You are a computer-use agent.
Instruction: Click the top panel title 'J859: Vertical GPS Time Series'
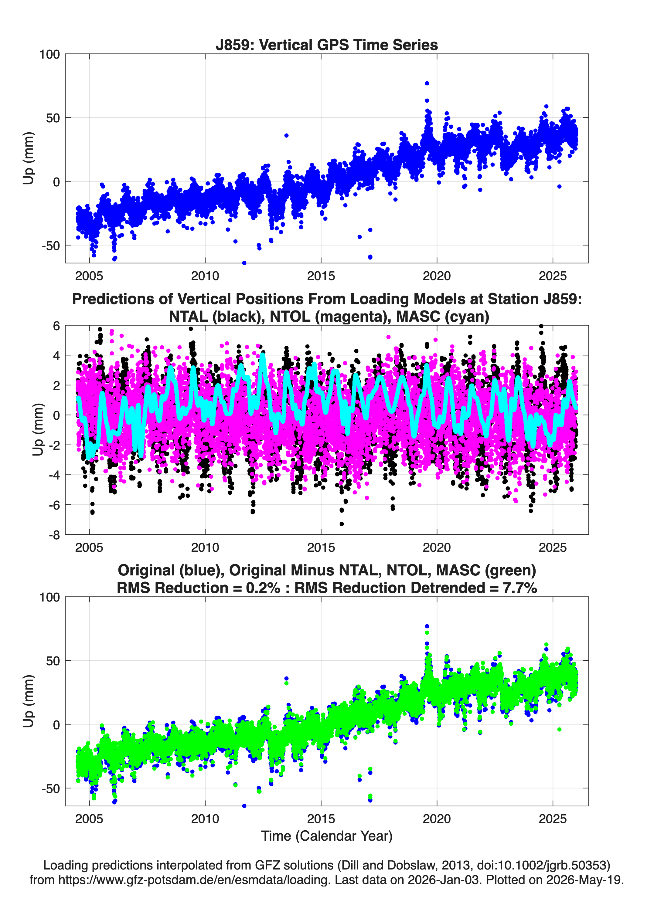[327, 45]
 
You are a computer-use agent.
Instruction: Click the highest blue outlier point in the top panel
[427, 83]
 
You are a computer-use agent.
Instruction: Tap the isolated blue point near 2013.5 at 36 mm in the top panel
[286, 136]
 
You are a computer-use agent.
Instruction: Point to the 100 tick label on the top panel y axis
[49, 54]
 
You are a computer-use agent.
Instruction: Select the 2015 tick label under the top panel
[321, 276]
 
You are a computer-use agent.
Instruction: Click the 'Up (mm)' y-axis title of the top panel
[28, 158]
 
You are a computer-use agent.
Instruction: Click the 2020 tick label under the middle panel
[437, 547]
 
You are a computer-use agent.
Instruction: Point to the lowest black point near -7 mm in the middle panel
[341, 524]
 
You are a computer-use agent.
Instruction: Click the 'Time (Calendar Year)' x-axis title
[327, 836]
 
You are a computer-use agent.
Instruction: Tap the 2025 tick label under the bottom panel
[553, 819]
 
